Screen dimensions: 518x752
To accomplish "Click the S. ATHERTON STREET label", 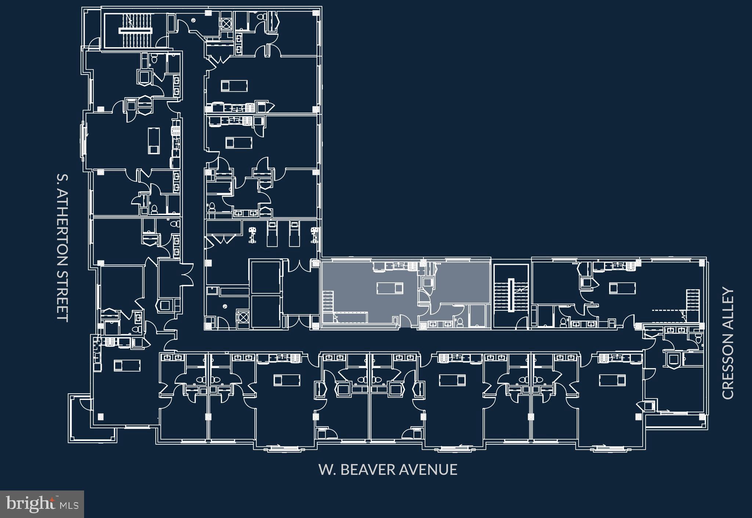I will (x=63, y=248).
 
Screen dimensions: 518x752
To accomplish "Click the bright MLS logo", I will (x=42, y=504).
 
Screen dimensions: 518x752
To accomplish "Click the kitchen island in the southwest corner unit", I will (x=127, y=365).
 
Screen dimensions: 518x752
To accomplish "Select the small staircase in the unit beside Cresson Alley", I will (x=693, y=299).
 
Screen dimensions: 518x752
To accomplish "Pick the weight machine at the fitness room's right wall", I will (x=314, y=235).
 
